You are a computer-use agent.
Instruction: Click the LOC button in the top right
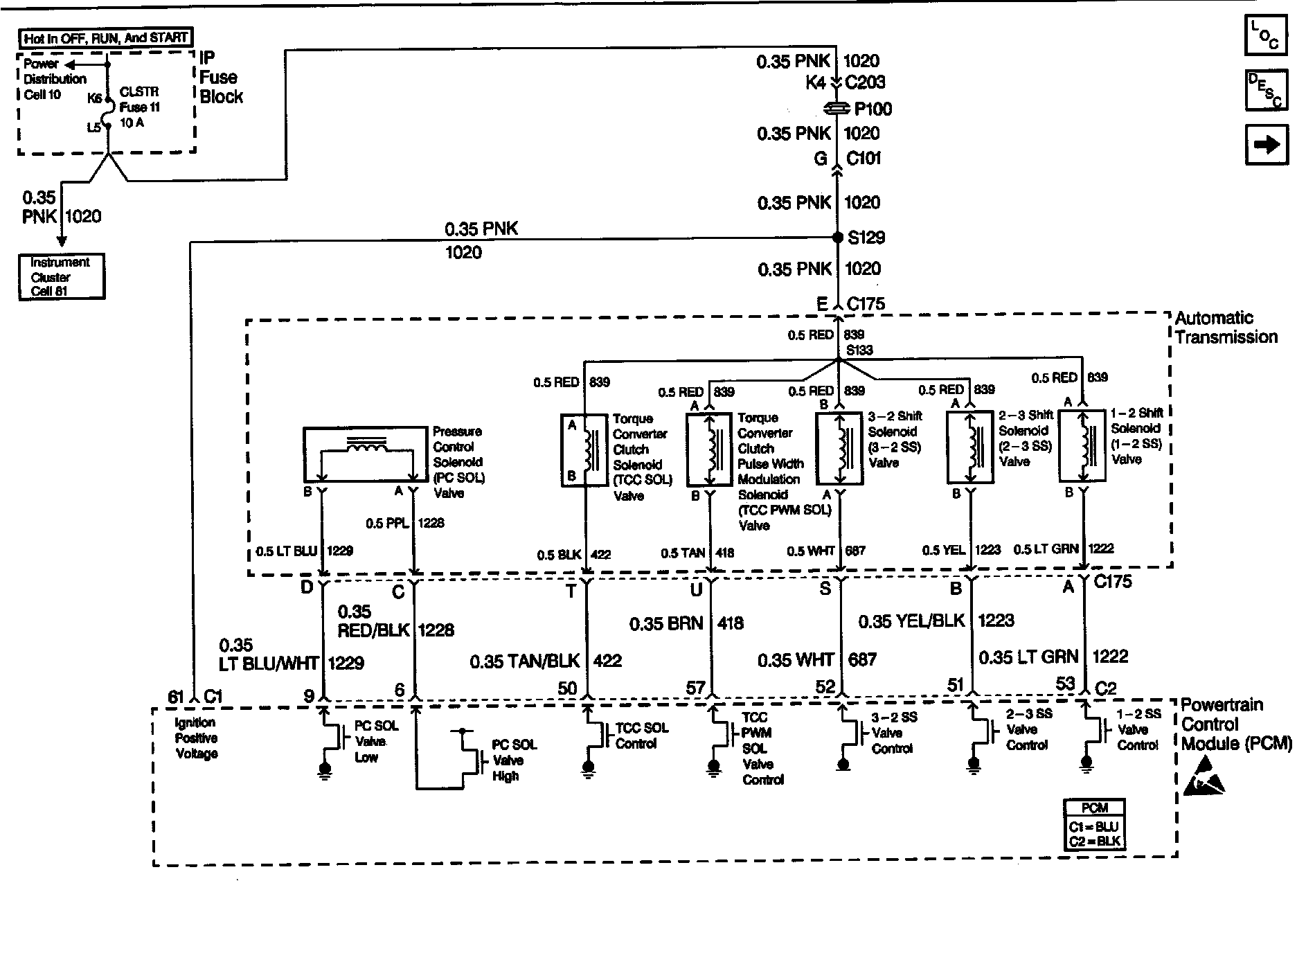point(1266,35)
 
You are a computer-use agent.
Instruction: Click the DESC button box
point(1266,90)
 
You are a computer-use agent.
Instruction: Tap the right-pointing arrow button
point(1267,145)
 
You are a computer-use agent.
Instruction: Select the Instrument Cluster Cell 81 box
point(62,277)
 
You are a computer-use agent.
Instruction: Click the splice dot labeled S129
point(838,238)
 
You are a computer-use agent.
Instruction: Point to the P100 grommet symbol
point(838,109)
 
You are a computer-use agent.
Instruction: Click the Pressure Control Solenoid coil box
point(365,454)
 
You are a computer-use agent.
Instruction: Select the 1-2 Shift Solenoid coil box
point(1082,445)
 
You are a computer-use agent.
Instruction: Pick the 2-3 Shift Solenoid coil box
point(969,447)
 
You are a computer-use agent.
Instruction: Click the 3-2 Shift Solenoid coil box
point(839,448)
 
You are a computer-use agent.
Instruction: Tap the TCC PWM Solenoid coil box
point(709,450)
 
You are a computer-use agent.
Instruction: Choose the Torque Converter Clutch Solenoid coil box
point(583,450)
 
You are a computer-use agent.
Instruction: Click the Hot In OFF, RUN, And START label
point(105,38)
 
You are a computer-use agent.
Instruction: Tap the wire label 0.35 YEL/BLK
point(911,621)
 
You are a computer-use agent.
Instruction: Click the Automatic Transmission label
point(1226,328)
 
